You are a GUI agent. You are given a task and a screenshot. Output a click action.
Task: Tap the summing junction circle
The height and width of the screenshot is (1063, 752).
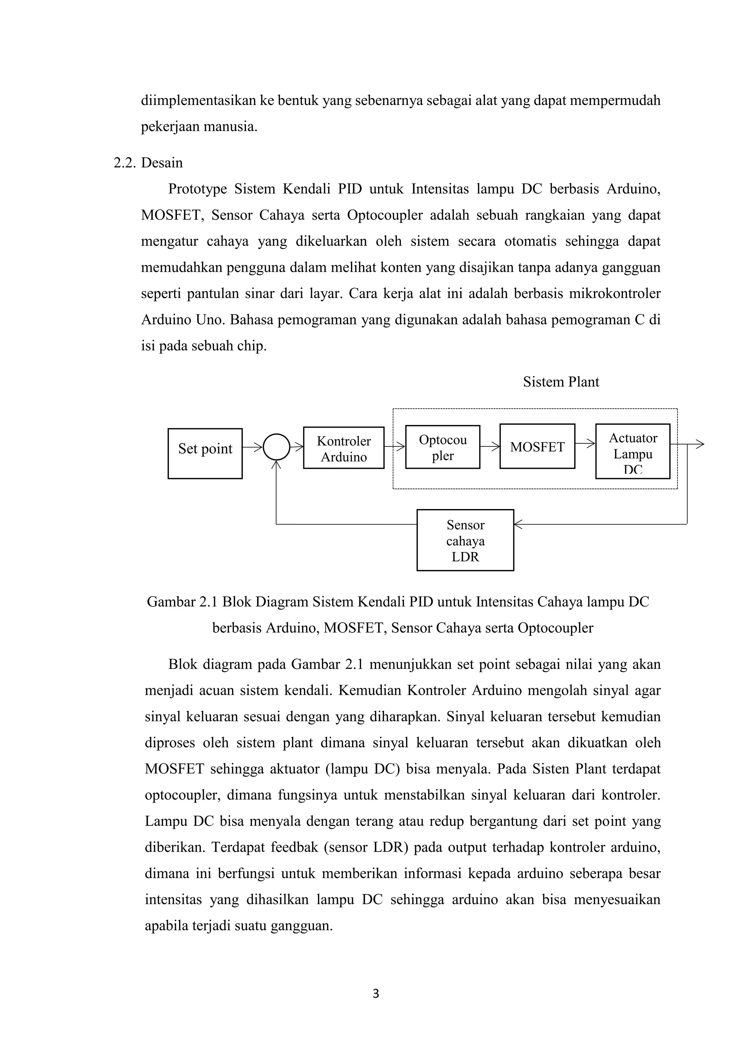tap(276, 447)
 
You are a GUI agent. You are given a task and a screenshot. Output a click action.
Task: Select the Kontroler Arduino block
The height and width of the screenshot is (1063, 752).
tap(344, 448)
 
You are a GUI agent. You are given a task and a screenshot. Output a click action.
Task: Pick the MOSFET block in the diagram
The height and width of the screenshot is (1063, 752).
tap(537, 446)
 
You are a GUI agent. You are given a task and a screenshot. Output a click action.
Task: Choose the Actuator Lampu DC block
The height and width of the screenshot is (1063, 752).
tap(633, 451)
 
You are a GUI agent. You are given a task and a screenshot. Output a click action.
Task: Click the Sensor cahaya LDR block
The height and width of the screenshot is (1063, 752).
tap(465, 540)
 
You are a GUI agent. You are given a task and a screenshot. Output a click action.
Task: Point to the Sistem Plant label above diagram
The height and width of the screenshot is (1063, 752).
tap(561, 382)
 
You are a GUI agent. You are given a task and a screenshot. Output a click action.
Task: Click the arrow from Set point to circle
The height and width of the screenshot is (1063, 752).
tap(252, 447)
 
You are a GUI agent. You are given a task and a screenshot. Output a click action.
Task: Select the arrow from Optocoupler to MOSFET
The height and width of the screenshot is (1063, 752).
tap(490, 447)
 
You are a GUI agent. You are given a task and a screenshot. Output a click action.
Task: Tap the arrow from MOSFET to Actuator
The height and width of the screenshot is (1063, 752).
tap(585, 443)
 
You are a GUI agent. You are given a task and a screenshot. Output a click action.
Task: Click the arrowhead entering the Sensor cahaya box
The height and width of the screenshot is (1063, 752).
tap(518, 524)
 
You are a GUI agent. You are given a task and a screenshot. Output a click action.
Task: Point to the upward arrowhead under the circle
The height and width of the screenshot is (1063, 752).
tap(276, 464)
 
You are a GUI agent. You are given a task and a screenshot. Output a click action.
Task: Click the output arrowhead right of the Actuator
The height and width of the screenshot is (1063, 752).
tap(700, 445)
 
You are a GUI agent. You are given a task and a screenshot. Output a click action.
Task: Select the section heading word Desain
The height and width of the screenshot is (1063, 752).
tap(162, 163)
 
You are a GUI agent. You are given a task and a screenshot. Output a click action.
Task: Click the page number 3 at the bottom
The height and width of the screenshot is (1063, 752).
tap(376, 994)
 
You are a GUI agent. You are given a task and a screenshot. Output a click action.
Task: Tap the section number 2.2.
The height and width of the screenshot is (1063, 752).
tap(125, 163)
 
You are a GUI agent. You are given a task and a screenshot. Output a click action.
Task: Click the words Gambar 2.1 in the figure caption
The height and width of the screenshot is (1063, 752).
tap(183, 602)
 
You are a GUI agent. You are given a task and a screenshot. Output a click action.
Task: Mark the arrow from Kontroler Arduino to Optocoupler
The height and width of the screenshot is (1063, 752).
tap(394, 447)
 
